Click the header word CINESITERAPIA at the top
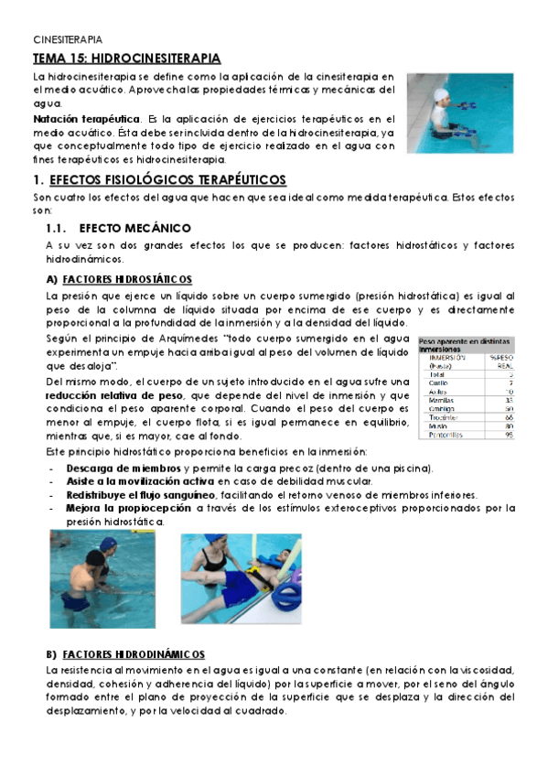coord(68,40)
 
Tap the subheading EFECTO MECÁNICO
coord(134,227)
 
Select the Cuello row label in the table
coord(438,383)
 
